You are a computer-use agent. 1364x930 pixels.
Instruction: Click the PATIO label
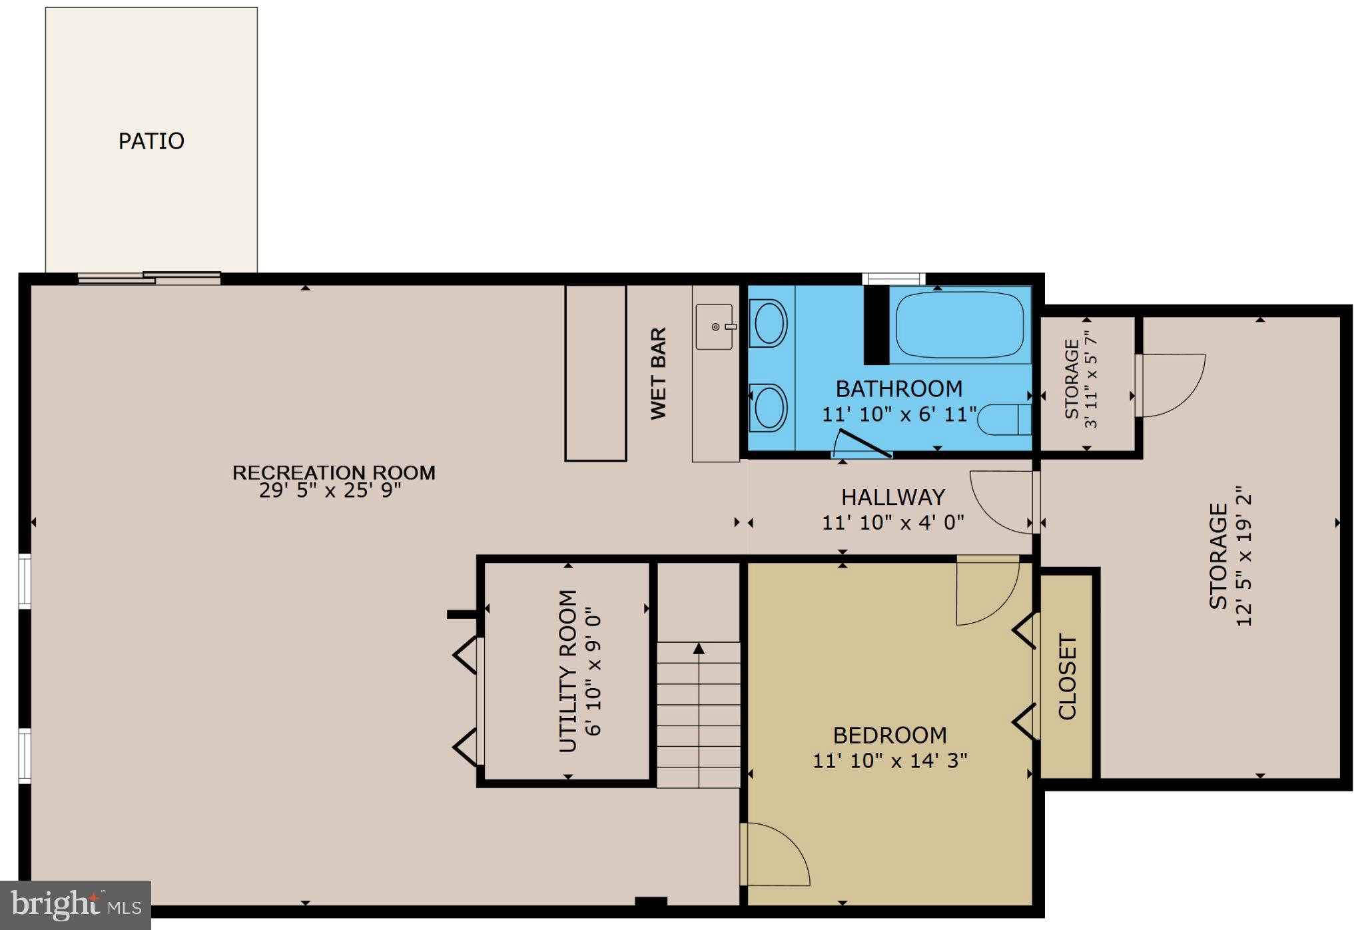click(x=151, y=141)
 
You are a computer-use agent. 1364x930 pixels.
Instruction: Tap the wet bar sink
click(x=715, y=326)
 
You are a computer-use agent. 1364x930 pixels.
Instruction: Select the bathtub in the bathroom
click(x=959, y=325)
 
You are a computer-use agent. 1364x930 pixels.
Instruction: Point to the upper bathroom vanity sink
click(x=769, y=323)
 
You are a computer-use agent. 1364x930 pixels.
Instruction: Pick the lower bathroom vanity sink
click(x=769, y=408)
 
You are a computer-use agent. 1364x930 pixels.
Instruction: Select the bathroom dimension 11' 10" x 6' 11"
click(x=898, y=414)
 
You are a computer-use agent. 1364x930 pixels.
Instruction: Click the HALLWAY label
click(x=892, y=497)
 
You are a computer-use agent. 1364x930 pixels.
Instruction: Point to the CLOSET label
click(x=1067, y=677)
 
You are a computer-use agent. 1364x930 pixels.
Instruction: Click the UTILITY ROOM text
click(x=567, y=671)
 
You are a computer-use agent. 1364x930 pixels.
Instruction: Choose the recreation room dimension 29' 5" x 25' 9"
click(x=330, y=491)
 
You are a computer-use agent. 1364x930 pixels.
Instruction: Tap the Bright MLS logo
click(x=76, y=905)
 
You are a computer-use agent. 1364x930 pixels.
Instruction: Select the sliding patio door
click(x=149, y=278)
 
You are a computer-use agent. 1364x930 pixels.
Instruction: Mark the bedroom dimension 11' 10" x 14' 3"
click(x=890, y=760)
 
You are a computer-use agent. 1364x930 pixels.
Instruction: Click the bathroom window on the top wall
click(x=893, y=278)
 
